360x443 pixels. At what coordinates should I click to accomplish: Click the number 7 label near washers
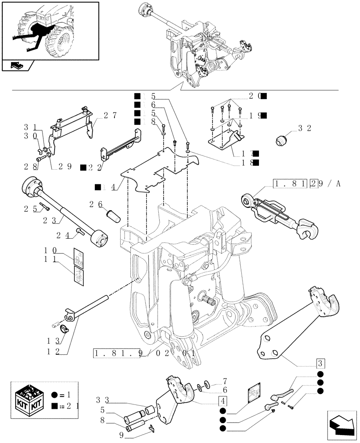pos(225,381)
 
